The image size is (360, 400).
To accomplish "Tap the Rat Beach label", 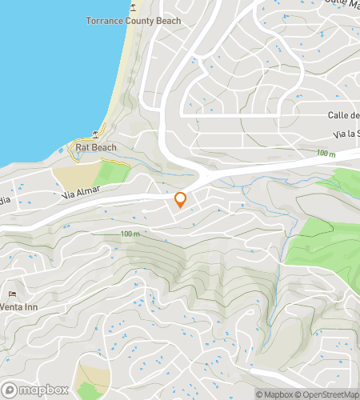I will tap(95, 147).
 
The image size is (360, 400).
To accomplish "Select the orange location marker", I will tap(181, 200).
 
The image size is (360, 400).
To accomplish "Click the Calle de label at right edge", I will tap(342, 114).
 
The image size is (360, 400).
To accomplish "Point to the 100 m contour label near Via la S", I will tap(326, 152).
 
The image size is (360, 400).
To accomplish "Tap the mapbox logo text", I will tap(40, 390).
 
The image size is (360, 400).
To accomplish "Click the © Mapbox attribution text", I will tap(274, 394).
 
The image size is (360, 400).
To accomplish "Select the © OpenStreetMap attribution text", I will tap(326, 394).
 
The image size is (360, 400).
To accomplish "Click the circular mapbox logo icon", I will tap(10, 390).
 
